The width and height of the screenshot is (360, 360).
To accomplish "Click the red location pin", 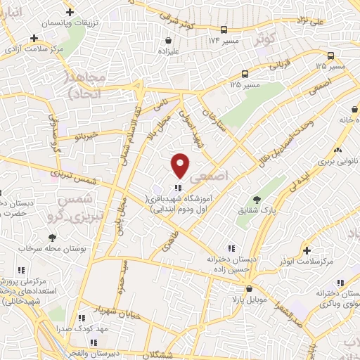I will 180,165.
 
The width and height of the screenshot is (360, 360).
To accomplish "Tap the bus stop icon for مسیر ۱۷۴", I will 224,30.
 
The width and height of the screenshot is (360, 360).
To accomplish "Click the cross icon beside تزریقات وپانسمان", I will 69,13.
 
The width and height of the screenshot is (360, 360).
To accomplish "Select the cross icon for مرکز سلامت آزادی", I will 34,39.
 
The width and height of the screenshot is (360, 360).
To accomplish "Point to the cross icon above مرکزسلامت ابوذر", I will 307,250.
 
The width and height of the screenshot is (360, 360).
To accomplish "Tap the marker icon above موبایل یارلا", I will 249,288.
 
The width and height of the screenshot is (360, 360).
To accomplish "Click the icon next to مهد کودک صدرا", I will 82,318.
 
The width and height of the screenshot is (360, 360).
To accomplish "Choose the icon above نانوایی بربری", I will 338,150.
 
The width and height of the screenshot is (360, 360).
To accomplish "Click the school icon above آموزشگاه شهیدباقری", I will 177,187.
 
